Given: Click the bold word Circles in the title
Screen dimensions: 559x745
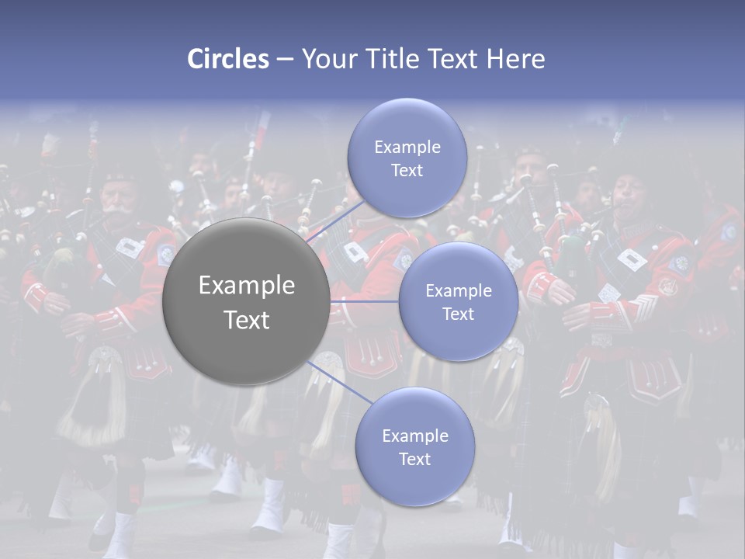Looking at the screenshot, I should [227, 59].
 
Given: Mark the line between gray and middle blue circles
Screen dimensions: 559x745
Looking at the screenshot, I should [365, 301].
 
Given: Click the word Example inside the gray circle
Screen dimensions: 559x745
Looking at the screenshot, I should [247, 286].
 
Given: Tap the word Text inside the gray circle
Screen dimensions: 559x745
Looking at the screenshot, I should [247, 320].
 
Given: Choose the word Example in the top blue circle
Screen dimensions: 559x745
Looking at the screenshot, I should [407, 147].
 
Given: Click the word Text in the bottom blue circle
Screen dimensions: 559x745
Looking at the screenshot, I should [414, 459].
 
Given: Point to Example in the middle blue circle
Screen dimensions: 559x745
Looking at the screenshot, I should [458, 290].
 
